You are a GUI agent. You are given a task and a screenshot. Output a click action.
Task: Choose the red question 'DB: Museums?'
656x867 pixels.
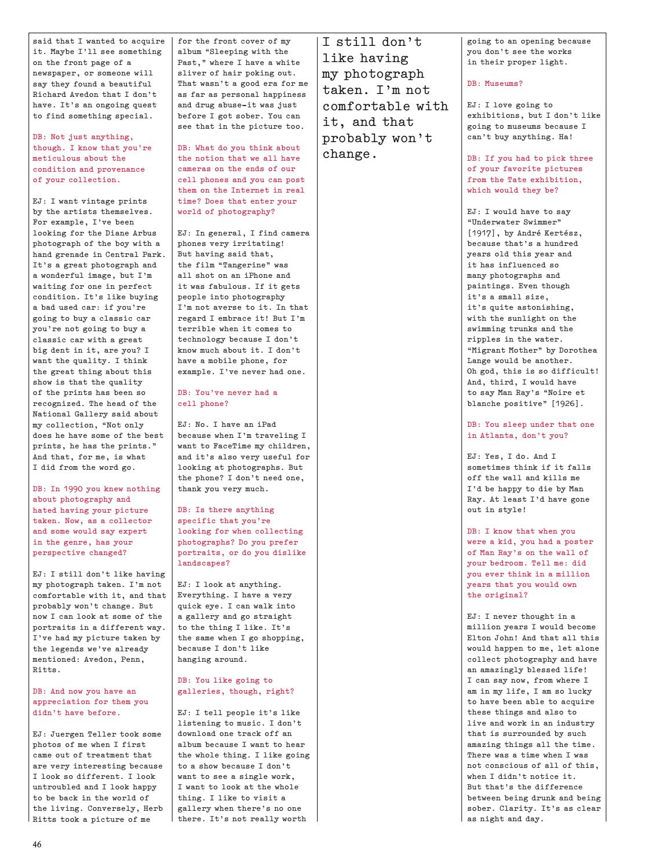pyautogui.click(x=495, y=84)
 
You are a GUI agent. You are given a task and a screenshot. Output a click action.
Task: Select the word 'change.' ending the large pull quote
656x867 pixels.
pyautogui.click(x=347, y=155)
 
